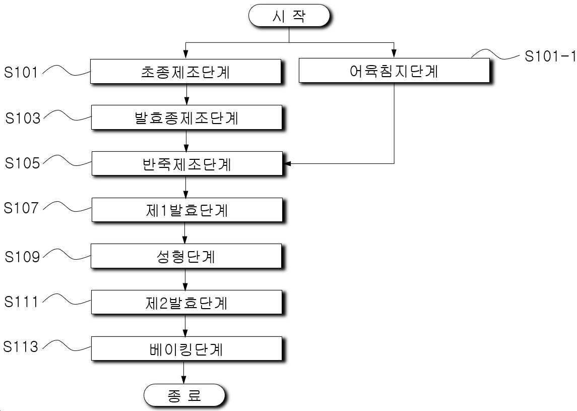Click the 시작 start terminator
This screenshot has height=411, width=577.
pos(289,16)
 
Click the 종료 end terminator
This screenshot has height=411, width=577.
pos(184,395)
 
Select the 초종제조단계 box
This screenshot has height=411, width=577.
pos(186,72)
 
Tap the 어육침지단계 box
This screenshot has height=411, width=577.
pos(394,70)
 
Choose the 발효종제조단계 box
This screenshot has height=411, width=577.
pos(186,118)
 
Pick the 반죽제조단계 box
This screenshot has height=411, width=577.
pos(187,163)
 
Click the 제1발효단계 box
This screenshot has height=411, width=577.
pos(187,210)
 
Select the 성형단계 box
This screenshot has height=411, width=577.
pos(186,256)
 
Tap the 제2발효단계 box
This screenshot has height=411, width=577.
pos(186,303)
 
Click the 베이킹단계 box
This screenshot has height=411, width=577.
pos(186,348)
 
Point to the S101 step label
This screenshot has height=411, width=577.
pos(21,72)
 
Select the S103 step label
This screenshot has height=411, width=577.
pos(23,118)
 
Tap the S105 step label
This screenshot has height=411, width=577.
pos(22,163)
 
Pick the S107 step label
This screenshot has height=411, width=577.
pos(21,208)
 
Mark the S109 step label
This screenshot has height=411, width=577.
pos(22,257)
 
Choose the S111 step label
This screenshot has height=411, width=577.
pos(21,302)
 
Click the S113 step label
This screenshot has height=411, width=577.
pos(21,346)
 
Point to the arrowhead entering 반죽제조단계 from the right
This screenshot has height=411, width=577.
pos(287,163)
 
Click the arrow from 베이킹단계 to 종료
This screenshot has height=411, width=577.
pos(183,372)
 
